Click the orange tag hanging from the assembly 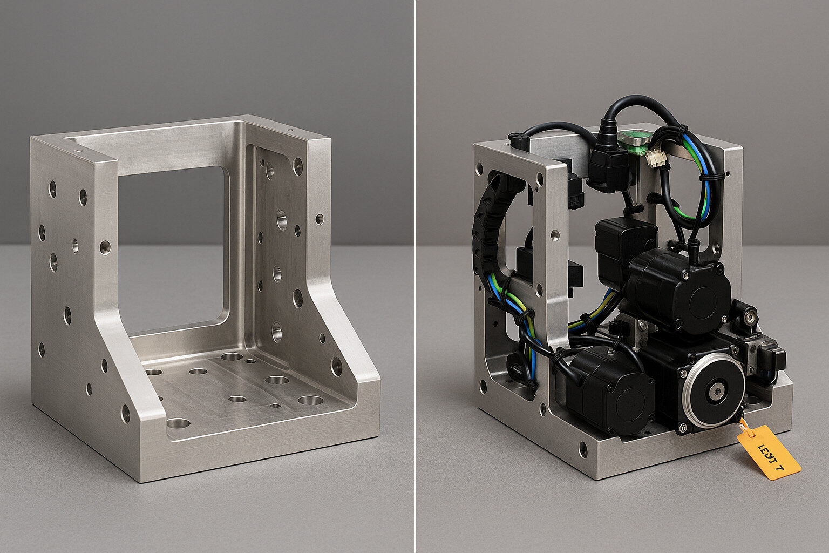(x=769, y=453)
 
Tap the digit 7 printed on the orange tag (x=778, y=468)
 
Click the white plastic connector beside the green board (x=657, y=158)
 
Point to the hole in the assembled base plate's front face (x=583, y=449)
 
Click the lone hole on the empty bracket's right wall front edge (x=320, y=219)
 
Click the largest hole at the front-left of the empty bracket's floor (x=178, y=423)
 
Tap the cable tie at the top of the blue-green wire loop (x=682, y=131)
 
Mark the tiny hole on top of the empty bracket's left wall (x=79, y=152)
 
